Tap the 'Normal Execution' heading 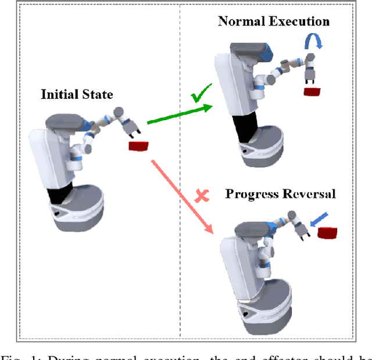click(x=273, y=22)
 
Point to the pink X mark click(x=202, y=196)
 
